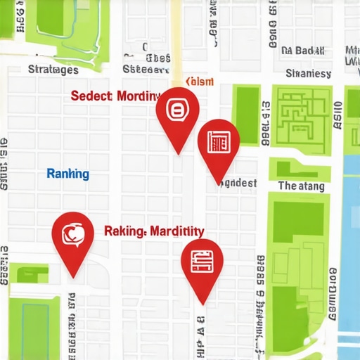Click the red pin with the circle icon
coord(177,112)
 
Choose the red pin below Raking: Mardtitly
coord(202,262)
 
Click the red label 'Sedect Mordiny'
coord(116,96)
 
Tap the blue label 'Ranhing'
coord(67,174)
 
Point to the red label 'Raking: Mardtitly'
coord(154,231)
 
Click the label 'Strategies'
coord(53,70)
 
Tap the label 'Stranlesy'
coord(308,73)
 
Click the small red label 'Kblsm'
coord(198,82)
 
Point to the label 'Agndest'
coord(237,183)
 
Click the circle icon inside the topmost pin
coord(177,110)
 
